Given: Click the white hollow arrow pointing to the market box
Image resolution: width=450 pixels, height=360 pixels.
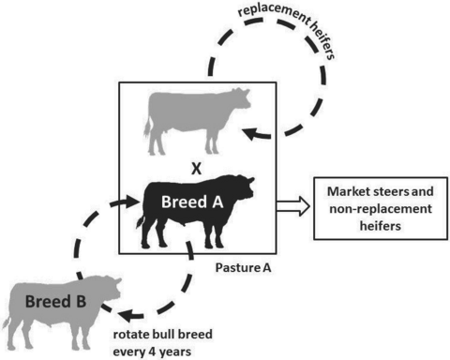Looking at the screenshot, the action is pyautogui.click(x=293, y=206).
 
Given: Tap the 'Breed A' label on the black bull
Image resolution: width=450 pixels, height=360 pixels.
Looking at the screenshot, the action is pyautogui.click(x=192, y=202).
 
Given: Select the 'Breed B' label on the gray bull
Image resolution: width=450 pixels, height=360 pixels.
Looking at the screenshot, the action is pyautogui.click(x=55, y=302).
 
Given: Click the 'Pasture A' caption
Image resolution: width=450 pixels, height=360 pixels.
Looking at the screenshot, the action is pyautogui.click(x=243, y=268).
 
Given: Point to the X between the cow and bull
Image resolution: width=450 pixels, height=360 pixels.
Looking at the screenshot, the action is pyautogui.click(x=196, y=169).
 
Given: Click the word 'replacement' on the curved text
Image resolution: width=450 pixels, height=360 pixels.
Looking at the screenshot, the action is pyautogui.click(x=274, y=14).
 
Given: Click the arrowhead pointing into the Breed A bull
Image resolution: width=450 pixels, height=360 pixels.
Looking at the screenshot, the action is pyautogui.click(x=130, y=202).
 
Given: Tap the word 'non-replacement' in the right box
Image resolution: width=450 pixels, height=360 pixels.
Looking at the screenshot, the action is pyautogui.click(x=381, y=208).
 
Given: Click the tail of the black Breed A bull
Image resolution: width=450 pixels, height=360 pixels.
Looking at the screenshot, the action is pyautogui.click(x=141, y=221).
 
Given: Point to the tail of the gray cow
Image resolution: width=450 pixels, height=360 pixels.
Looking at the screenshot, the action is pyautogui.click(x=147, y=127).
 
